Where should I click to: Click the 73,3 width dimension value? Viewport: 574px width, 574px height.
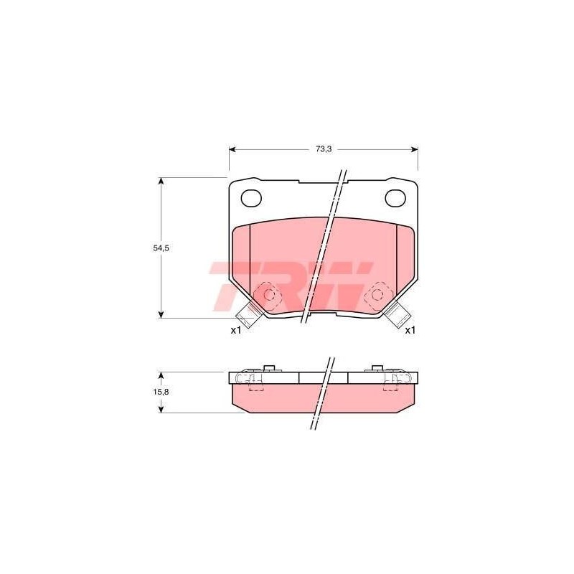[x=324, y=149]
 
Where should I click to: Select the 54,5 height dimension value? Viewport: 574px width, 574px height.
[x=161, y=248]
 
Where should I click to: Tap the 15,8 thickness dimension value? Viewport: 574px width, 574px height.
[x=161, y=392]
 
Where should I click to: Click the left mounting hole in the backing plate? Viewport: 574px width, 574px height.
[x=251, y=198]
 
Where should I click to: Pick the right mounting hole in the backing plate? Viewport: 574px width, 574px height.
[x=396, y=198]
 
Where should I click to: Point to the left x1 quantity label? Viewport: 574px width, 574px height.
[x=236, y=330]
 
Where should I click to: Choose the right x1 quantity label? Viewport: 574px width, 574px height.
[x=410, y=330]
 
